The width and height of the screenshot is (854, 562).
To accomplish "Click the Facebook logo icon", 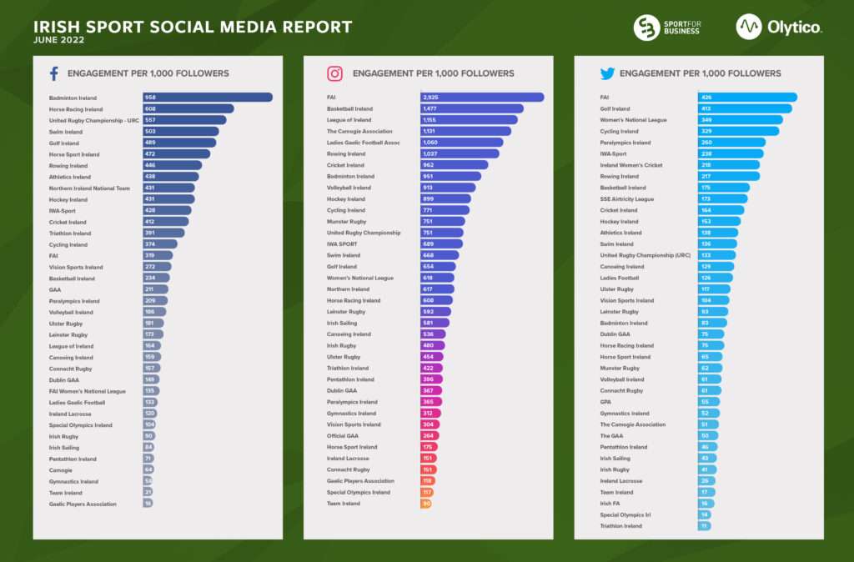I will (54, 73).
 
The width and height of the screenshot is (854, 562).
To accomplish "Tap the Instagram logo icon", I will (334, 73).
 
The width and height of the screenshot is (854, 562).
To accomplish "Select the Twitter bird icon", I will (607, 73).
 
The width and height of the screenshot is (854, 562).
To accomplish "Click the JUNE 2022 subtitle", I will (62, 39).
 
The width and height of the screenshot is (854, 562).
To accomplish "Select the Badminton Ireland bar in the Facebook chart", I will (207, 98).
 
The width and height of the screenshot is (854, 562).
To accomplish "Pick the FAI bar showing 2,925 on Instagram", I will (482, 98).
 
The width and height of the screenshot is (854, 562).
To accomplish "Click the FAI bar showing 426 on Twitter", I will (747, 98).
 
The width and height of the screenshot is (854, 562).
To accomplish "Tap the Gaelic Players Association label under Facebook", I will (83, 504).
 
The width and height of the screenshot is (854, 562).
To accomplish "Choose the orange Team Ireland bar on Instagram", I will (425, 504).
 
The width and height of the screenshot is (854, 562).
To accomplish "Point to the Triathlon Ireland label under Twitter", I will (621, 526).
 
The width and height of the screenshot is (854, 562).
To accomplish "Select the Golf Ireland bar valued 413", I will (745, 108).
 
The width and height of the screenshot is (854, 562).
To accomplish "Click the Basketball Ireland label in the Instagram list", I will (349, 108).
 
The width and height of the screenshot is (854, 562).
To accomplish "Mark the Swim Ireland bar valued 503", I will (180, 131).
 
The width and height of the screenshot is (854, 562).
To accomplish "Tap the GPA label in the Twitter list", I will (606, 402).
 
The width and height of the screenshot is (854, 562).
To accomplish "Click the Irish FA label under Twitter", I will (611, 504).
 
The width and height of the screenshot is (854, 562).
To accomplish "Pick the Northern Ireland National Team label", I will (90, 188).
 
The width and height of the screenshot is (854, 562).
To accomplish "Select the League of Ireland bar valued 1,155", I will (469, 120).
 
